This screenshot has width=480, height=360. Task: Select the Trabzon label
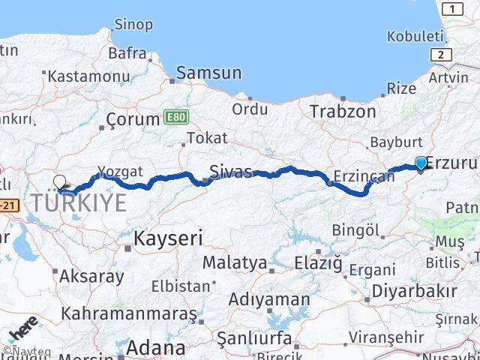[x=343, y=111]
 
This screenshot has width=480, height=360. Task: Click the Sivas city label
[x=230, y=171]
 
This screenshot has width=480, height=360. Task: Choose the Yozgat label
[x=119, y=171]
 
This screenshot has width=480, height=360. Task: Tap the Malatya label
[x=234, y=263]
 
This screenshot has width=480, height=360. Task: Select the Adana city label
[x=155, y=347]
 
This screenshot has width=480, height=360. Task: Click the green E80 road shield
[x=174, y=117]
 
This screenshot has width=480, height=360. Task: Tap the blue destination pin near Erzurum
[x=421, y=163]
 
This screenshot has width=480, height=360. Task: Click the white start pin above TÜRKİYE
[x=60, y=181]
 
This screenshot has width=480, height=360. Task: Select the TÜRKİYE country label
[x=79, y=202]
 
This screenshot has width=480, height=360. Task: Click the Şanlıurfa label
[x=254, y=337]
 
